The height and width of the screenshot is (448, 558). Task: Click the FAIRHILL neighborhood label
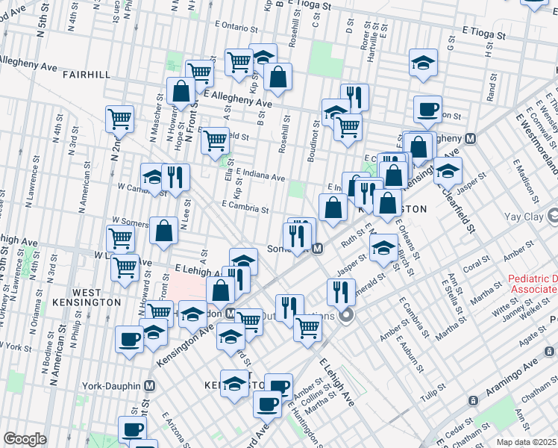click(87, 75)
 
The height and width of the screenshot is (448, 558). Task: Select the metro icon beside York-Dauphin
click(150, 385)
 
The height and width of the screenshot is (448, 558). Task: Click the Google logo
click(25, 439)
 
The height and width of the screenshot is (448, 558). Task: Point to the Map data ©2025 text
click(526, 442)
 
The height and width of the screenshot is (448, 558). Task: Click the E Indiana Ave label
click(260, 176)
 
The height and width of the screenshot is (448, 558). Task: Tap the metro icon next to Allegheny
click(471, 138)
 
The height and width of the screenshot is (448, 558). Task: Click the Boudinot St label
click(314, 140)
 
